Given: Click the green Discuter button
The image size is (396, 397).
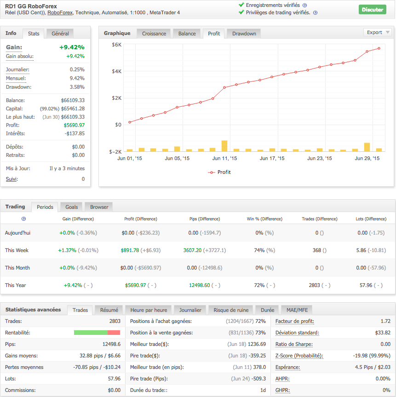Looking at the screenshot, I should click(372, 10).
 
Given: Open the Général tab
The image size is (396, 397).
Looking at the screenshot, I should click(60, 34).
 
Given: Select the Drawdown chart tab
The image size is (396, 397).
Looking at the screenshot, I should click(244, 34).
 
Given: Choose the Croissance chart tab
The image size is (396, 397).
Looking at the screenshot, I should click(154, 34).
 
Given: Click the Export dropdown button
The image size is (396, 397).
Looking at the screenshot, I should click(378, 32).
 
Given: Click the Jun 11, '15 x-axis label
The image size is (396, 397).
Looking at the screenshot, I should click(224, 158).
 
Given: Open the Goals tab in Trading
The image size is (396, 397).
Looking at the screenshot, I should click(71, 207).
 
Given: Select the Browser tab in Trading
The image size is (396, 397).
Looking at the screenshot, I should click(99, 207).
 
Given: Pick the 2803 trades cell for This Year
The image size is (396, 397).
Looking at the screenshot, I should click(315, 285).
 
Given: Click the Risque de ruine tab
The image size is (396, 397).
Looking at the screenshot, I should click(231, 310).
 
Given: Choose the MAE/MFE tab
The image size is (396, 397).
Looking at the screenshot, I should click(297, 310).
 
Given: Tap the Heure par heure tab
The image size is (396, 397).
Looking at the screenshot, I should click(149, 310).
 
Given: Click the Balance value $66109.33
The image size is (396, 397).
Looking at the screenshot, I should click(73, 100).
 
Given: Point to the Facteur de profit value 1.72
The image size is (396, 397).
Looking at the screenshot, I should click(385, 321).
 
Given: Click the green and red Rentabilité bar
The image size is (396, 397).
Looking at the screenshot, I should click(97, 333).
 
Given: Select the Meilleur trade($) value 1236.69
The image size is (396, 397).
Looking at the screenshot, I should click(257, 344).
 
